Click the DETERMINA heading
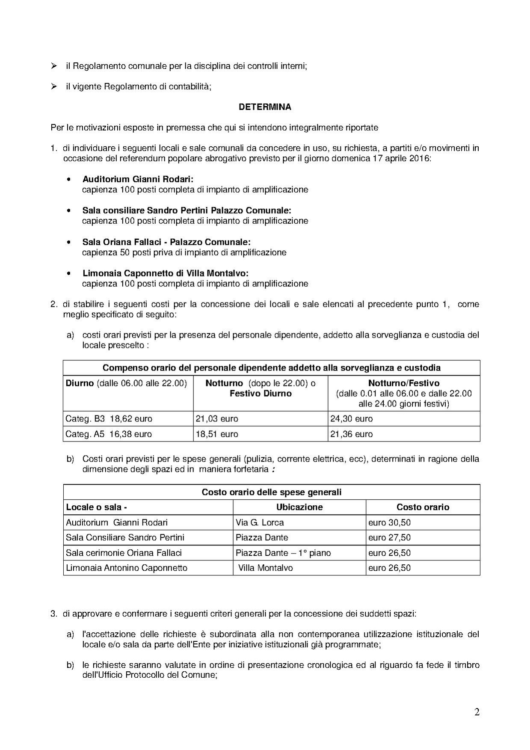[x=265, y=107]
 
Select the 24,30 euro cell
[x=351, y=419]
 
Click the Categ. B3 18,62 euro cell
[x=109, y=419]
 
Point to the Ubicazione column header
[x=299, y=507]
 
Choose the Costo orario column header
[x=423, y=507]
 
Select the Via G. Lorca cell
[x=260, y=523]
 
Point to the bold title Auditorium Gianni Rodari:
[x=138, y=179]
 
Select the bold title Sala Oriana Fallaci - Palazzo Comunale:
[x=166, y=242]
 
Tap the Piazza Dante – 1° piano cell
[x=283, y=553]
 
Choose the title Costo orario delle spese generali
[x=272, y=492]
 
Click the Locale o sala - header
[x=96, y=507]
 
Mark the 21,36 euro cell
[x=351, y=434]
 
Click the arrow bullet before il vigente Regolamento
[x=54, y=86]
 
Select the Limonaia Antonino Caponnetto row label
[x=127, y=568]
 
